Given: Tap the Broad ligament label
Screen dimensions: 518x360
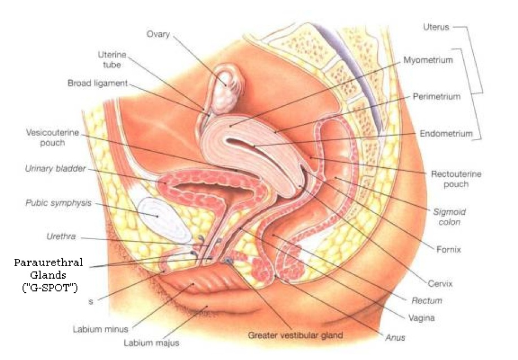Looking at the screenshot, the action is click(98, 83).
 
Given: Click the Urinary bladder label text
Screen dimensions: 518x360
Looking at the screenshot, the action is click(55, 168).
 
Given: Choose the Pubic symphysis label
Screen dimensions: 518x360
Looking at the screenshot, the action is click(59, 203).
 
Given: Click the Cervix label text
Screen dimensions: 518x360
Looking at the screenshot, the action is click(441, 283).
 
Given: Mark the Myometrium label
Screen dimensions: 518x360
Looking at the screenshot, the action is click(428, 60).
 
